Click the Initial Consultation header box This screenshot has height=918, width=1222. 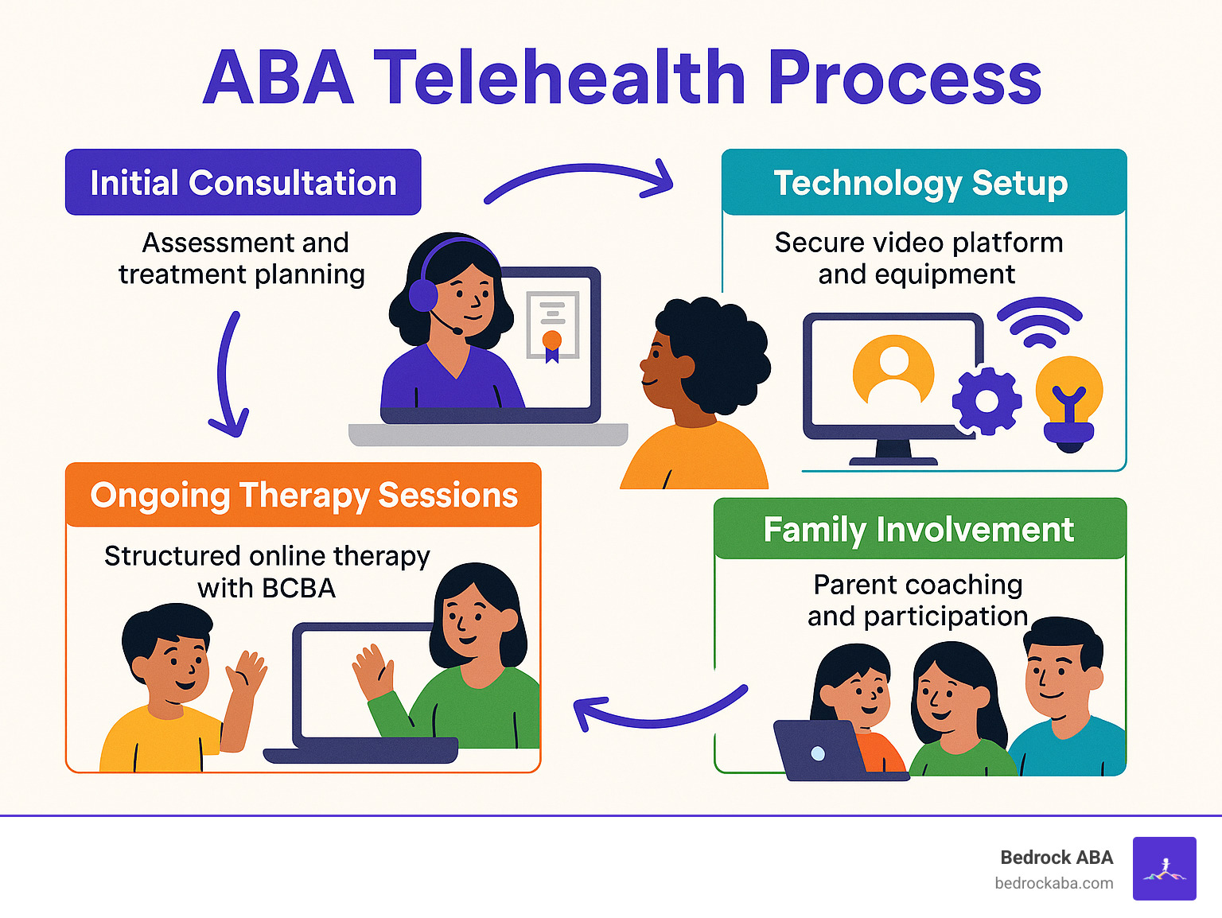243,182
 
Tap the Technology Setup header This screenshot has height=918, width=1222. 923,182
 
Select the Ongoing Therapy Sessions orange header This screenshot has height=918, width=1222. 303,495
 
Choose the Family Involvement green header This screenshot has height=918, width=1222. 919,530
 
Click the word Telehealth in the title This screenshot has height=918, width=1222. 559,78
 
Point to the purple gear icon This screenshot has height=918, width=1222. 987,401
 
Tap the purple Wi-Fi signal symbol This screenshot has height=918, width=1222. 1039,323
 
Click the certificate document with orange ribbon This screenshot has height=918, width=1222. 551,327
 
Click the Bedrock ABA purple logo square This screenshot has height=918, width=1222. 1164,868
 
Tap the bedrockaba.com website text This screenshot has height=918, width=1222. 1053,883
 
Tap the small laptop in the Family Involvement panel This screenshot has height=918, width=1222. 819,750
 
